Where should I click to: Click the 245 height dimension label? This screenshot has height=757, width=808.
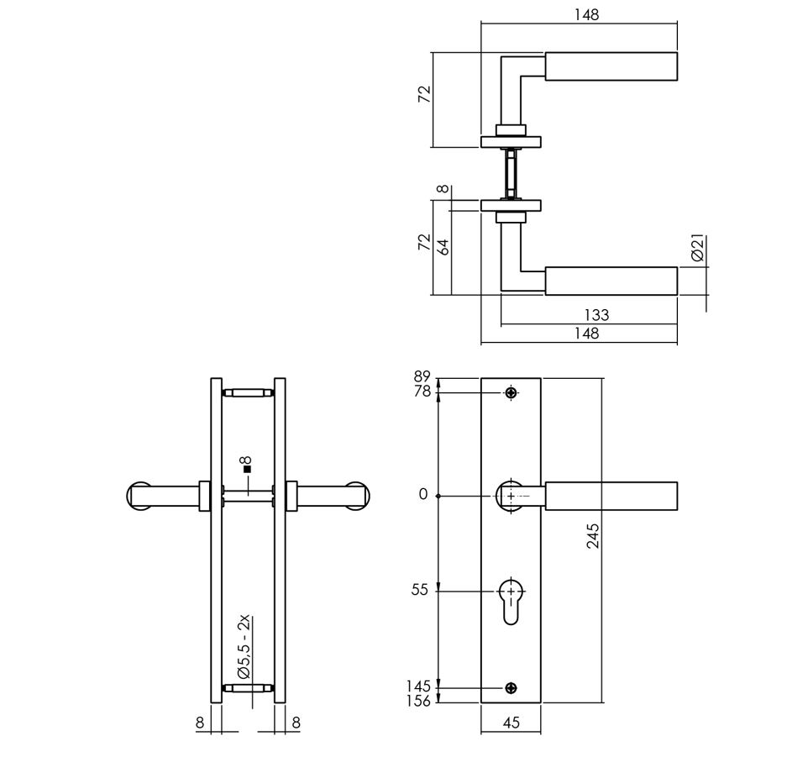click(x=593, y=535)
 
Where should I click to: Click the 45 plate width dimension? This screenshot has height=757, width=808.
click(x=512, y=722)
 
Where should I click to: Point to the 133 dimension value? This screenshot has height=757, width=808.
click(x=596, y=316)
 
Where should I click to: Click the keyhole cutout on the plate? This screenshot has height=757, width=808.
click(x=512, y=602)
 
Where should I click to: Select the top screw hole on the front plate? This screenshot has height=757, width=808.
click(x=512, y=392)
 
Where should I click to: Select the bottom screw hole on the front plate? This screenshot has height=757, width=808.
click(x=512, y=688)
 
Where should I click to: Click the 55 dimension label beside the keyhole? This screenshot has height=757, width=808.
click(x=420, y=591)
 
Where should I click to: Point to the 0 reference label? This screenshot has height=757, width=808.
click(x=423, y=495)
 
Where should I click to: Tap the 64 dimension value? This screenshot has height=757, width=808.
click(x=444, y=245)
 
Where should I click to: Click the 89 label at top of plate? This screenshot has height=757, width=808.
click(x=422, y=377)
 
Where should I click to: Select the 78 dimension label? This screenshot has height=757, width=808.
click(x=422, y=392)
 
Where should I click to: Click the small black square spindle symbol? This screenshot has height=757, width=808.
click(x=247, y=470)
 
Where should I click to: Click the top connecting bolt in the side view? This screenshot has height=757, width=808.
click(x=247, y=392)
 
